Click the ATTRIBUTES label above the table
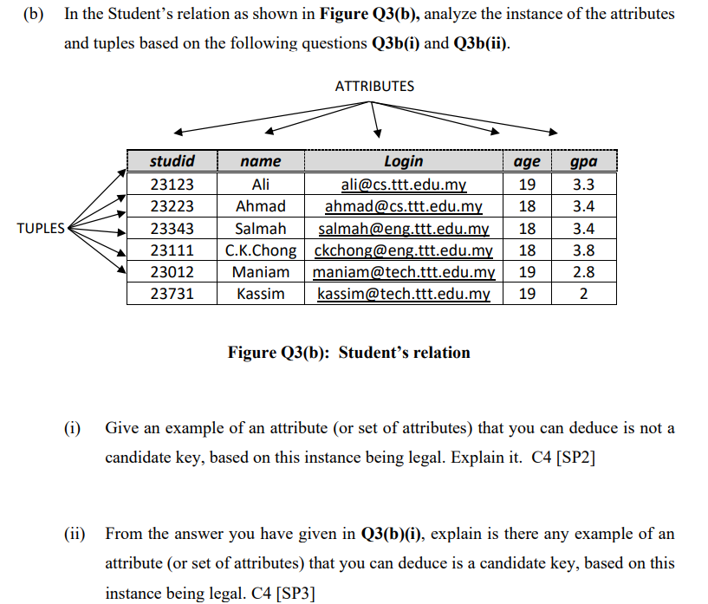[374, 86]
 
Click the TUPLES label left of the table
[40, 229]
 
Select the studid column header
[172, 161]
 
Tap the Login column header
[403, 161]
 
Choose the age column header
[527, 161]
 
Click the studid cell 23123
[172, 185]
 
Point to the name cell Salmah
[260, 229]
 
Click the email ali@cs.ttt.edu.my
[404, 185]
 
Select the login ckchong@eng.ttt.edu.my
[404, 251]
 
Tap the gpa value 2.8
[584, 272]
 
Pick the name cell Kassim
[260, 294]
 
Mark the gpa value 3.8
[584, 251]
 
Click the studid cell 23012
[172, 272]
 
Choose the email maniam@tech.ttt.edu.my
[404, 272]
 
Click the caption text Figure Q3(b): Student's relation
[348, 353]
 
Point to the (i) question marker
[73, 428]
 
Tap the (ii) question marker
[75, 534]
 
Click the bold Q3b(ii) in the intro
[480, 42]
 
